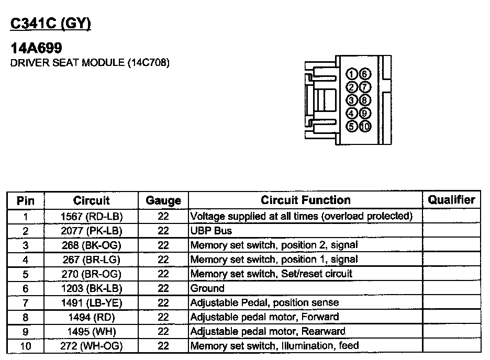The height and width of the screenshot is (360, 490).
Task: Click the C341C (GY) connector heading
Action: point(51,25)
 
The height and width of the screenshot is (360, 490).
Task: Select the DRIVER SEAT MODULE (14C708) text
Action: point(90,63)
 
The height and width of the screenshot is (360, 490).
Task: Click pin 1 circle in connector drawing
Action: point(352,74)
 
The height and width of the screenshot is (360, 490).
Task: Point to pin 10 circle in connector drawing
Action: point(365,126)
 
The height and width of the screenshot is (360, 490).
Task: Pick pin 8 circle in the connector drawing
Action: point(365,100)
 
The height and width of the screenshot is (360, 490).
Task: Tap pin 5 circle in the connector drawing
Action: point(352,126)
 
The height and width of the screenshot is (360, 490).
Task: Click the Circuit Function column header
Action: point(305,200)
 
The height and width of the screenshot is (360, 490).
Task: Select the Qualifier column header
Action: point(451,199)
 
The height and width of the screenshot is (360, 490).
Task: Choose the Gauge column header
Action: point(163,200)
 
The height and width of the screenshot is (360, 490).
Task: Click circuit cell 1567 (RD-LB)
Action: point(91,216)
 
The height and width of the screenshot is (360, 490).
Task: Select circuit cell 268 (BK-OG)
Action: point(91,245)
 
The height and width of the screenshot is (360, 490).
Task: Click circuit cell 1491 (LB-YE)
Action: point(91,302)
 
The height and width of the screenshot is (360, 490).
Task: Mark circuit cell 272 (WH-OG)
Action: point(91,346)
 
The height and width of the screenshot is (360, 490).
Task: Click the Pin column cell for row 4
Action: point(25,260)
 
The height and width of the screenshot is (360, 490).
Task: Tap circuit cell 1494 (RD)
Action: point(91,317)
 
